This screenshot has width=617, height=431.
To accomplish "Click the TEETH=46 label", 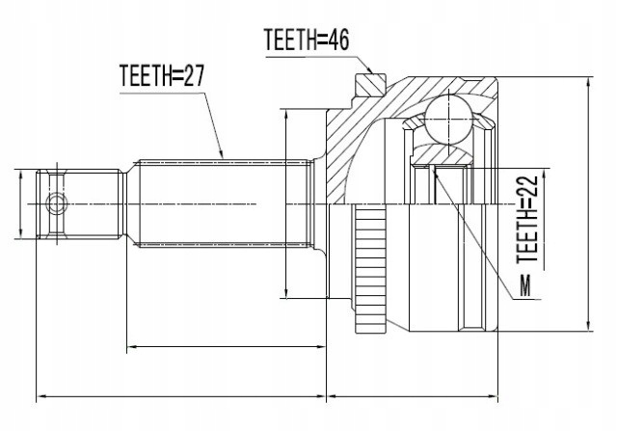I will click(x=305, y=40).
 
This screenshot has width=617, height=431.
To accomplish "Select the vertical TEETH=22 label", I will click(x=527, y=216).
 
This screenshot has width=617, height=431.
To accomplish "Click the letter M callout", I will click(x=524, y=285).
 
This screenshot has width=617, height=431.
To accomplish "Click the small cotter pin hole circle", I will click(x=56, y=203).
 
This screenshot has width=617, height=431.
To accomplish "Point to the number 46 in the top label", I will click(x=335, y=40).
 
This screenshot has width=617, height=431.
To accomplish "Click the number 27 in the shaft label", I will click(x=196, y=76).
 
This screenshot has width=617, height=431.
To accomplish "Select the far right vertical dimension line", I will click(x=588, y=203).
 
